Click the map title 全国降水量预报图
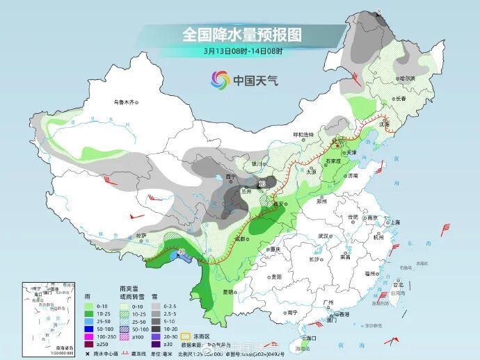point(243,34)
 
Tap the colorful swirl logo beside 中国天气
point(220,81)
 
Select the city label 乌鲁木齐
point(122,102)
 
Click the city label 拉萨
point(141,235)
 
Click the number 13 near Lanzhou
point(262,184)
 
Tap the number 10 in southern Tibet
point(182,252)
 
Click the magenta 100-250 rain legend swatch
point(88,336)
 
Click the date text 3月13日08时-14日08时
point(243,51)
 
